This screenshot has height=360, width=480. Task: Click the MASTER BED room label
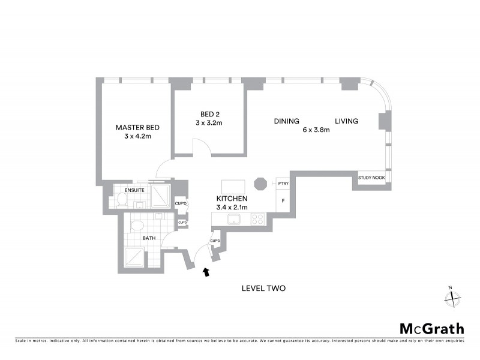click(137, 127)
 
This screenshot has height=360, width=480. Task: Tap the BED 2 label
click(209, 114)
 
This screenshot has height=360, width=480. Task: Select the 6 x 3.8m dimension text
click(316, 130)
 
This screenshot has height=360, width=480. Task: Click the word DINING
click(287, 121)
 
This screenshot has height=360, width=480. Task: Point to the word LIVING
click(346, 121)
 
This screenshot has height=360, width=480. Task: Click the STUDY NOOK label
click(371, 178)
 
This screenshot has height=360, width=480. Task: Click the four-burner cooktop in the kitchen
click(258, 219)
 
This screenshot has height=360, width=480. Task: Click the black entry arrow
click(206, 272)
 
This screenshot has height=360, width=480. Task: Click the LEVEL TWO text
click(263, 289)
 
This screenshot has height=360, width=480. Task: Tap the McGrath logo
click(431, 328)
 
